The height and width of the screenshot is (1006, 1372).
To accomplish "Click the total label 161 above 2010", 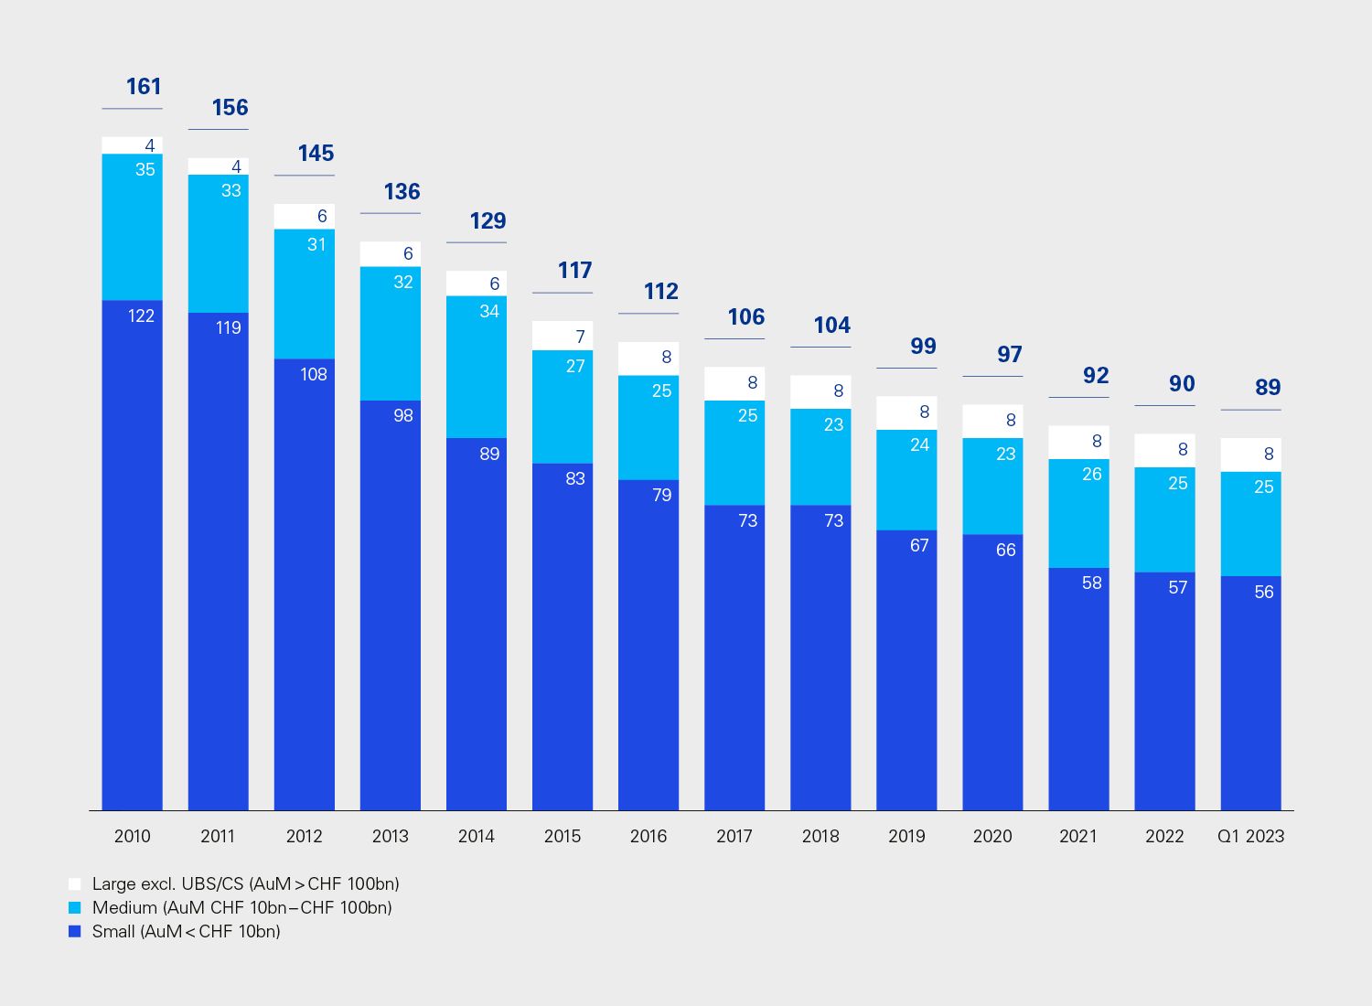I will coord(144,87).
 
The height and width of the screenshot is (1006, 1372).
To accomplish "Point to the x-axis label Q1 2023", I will coord(1250,836).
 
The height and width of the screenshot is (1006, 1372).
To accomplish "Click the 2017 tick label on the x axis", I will coord(734,836).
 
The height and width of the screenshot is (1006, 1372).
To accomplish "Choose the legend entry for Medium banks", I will coord(241,908).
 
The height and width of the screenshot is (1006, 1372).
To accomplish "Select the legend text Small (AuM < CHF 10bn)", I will coord(186,932).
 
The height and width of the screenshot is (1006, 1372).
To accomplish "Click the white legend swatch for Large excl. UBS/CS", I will coord(75,884).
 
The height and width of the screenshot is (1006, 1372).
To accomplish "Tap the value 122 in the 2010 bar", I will coord(141,316).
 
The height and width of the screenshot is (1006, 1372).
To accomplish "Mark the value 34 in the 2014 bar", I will coord(489,312).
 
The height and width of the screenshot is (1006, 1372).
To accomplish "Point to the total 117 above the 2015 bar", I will coord(575,271).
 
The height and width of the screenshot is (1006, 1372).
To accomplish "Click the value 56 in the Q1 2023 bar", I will coord(1264,593).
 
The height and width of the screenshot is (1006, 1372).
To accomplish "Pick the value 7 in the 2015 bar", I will coord(580,337).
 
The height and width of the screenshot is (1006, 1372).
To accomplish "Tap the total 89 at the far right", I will coord(1268,388).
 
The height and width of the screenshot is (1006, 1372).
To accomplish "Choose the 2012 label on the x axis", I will coord(305,836).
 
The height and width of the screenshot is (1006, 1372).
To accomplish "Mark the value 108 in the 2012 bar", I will coord(314,375).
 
